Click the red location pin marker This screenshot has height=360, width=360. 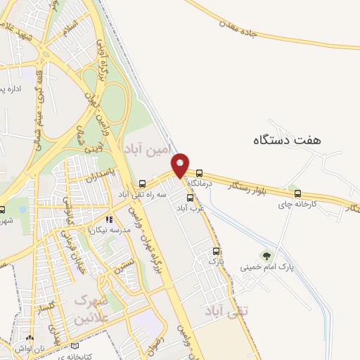181,165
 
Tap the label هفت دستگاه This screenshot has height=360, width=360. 287,139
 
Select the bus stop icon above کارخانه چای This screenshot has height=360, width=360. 297,193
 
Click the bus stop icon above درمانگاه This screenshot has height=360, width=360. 200,172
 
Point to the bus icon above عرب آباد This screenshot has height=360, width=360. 189,198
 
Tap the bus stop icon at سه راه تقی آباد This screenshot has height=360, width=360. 143,183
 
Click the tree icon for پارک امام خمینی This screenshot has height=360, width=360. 266,256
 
